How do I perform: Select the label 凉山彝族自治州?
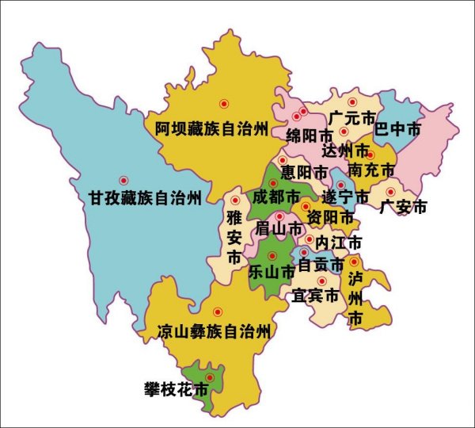(214, 331)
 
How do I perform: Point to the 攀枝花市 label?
(176, 390)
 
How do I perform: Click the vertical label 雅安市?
(234, 236)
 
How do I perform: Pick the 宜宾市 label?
(315, 296)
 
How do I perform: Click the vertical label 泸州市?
(355, 297)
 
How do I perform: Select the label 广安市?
(403, 207)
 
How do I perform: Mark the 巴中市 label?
(397, 128)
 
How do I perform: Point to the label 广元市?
(351, 118)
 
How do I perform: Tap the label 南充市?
(370, 170)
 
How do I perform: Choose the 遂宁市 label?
(346, 196)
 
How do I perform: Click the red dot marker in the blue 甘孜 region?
(123, 181)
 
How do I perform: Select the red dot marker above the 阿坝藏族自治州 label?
(224, 103)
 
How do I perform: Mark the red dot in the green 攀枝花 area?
(210, 377)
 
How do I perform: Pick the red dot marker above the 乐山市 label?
(272, 255)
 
